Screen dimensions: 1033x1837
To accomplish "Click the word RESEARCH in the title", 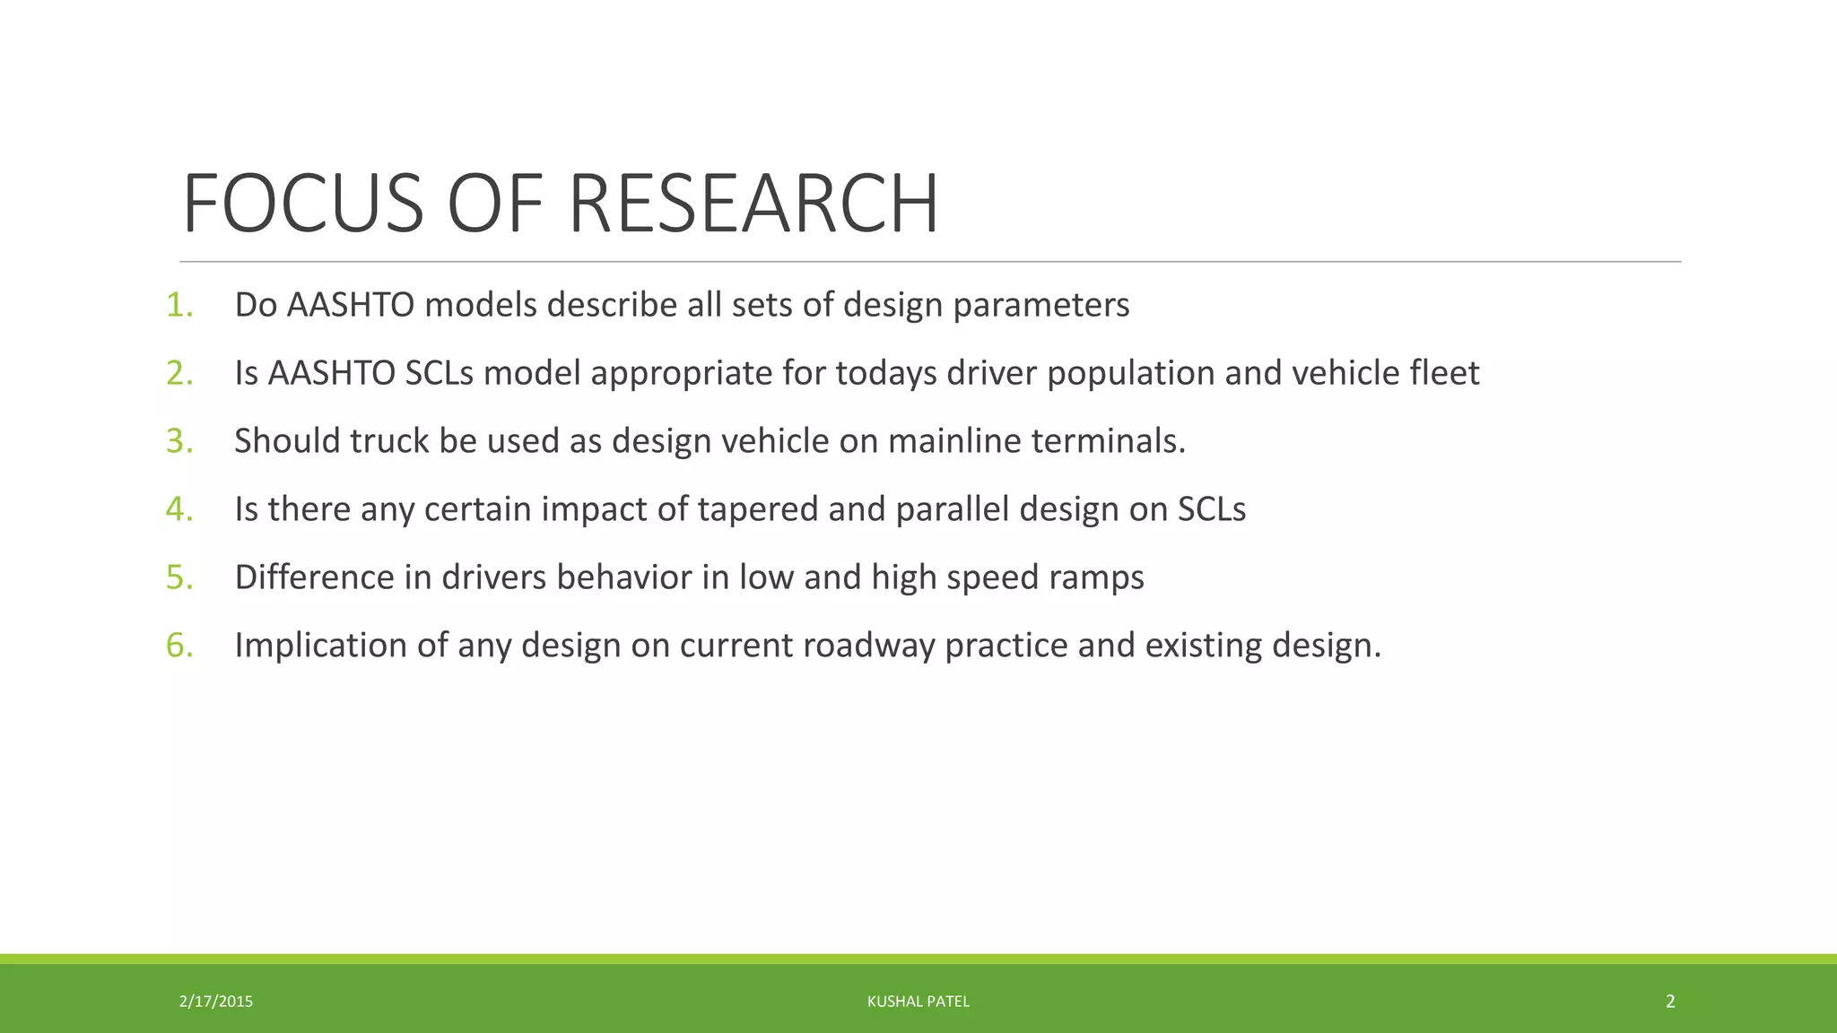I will tap(753, 204).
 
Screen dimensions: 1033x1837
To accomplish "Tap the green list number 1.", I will tap(178, 306).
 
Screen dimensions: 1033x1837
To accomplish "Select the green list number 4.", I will tap(178, 509).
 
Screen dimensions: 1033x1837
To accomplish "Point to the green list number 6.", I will tap(178, 646).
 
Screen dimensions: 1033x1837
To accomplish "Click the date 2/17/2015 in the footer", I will tap(216, 1002).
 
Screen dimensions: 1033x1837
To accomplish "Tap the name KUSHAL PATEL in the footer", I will tap(918, 1002).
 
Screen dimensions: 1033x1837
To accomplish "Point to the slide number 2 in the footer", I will tap(1670, 1002).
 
